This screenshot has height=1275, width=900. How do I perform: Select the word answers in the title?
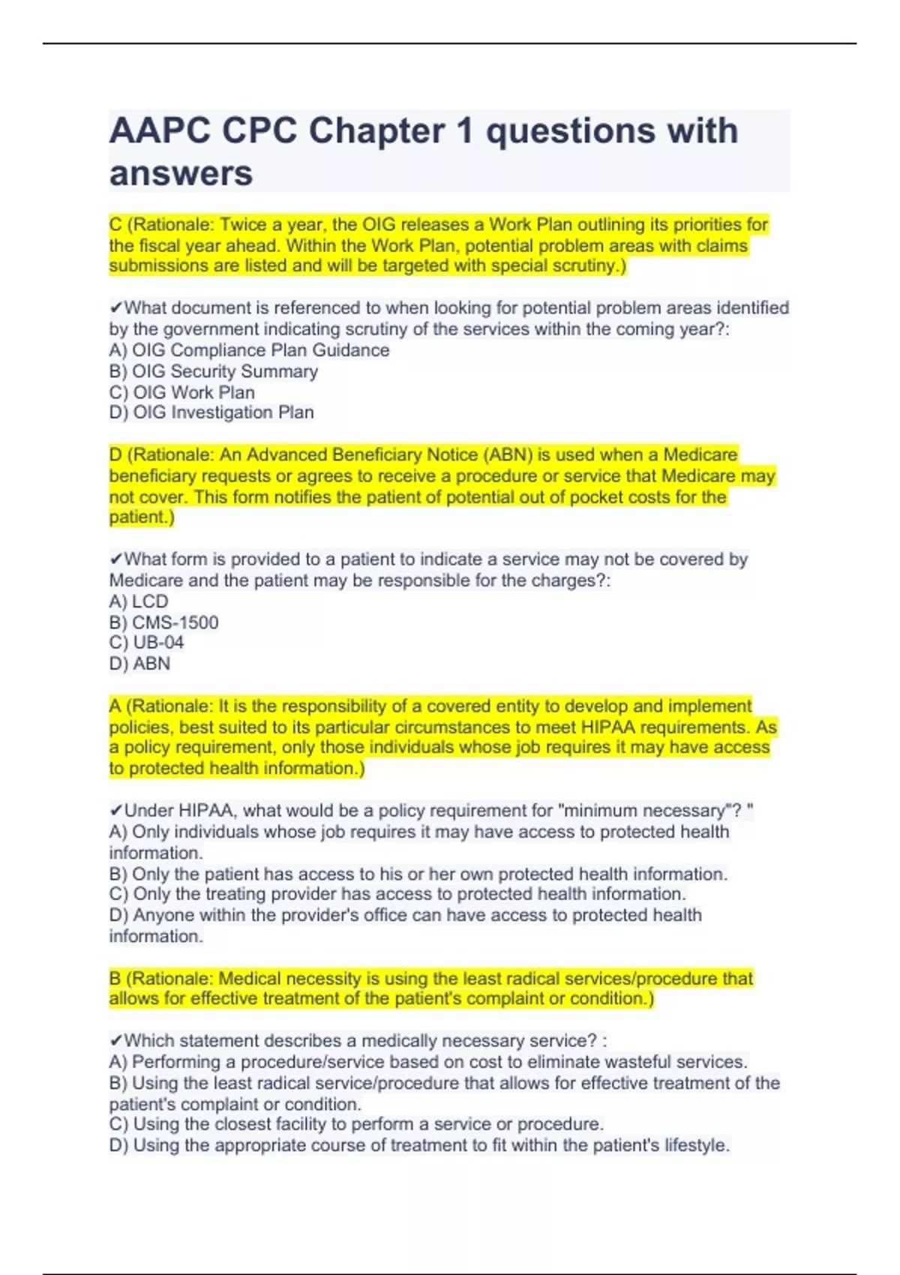[181, 174]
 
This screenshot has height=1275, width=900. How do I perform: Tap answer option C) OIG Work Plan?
[182, 392]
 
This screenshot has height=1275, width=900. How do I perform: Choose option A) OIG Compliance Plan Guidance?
[249, 350]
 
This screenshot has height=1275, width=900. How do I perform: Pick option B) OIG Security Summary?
[214, 371]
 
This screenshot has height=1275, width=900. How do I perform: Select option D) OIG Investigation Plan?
[211, 412]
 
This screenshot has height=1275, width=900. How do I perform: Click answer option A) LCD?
[139, 601]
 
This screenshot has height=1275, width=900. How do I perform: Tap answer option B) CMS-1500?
[163, 622]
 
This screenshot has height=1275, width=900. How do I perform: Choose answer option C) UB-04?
[146, 643]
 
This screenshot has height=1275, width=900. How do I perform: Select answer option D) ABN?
[139, 664]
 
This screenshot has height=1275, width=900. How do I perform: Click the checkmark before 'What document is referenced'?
[115, 308]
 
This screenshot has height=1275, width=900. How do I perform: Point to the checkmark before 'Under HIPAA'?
[115, 811]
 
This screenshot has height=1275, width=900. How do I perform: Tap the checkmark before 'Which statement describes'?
[115, 1041]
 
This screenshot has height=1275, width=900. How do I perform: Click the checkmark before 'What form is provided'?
[115, 559]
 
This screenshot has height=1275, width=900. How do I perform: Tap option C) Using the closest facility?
[356, 1124]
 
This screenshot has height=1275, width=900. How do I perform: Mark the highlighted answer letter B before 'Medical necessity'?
[115, 979]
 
